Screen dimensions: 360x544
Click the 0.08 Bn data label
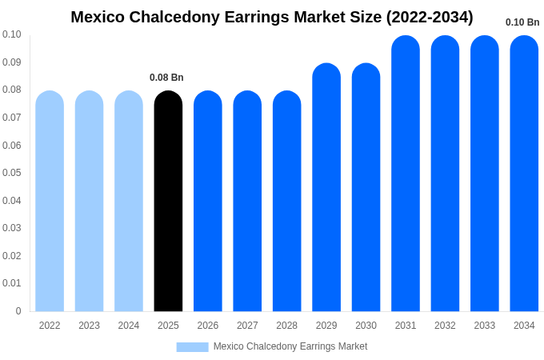(x=166, y=78)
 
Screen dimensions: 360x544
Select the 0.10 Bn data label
(x=522, y=22)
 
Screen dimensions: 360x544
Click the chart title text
(x=272, y=17)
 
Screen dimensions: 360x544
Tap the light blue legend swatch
(x=192, y=346)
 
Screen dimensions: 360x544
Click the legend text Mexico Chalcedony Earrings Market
(x=290, y=346)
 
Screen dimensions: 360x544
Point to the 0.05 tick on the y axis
(x=12, y=173)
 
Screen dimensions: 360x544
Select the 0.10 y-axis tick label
(x=12, y=34)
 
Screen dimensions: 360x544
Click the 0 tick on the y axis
(x=18, y=311)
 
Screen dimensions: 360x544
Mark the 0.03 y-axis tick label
(x=12, y=228)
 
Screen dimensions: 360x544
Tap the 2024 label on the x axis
(x=129, y=326)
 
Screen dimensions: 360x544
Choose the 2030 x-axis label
(x=366, y=326)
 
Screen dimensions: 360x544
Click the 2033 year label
(x=485, y=326)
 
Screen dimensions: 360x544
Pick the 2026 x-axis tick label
(x=208, y=326)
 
